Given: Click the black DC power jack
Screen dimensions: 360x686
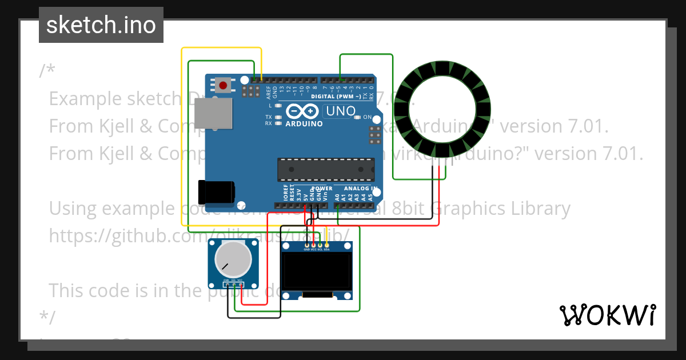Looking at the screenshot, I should pos(216,190).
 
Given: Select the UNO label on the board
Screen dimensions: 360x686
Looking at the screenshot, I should pos(340,110).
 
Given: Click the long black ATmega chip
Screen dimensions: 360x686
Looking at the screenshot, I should pos(326,169).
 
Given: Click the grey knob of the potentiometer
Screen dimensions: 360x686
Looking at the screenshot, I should pos(233,259).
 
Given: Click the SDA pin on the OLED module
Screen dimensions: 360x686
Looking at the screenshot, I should pos(327,246).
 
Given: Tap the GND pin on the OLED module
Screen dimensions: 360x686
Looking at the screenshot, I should pos(306,246).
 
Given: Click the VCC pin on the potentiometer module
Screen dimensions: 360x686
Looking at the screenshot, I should pos(240,284).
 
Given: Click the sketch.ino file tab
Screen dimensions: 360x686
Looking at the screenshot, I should pos(101,25).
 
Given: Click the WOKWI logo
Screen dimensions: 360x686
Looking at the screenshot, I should pos(607,315).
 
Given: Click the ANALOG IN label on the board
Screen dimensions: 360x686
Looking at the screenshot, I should pos(361,188).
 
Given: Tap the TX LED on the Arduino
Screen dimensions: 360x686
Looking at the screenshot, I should pos(278,117).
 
